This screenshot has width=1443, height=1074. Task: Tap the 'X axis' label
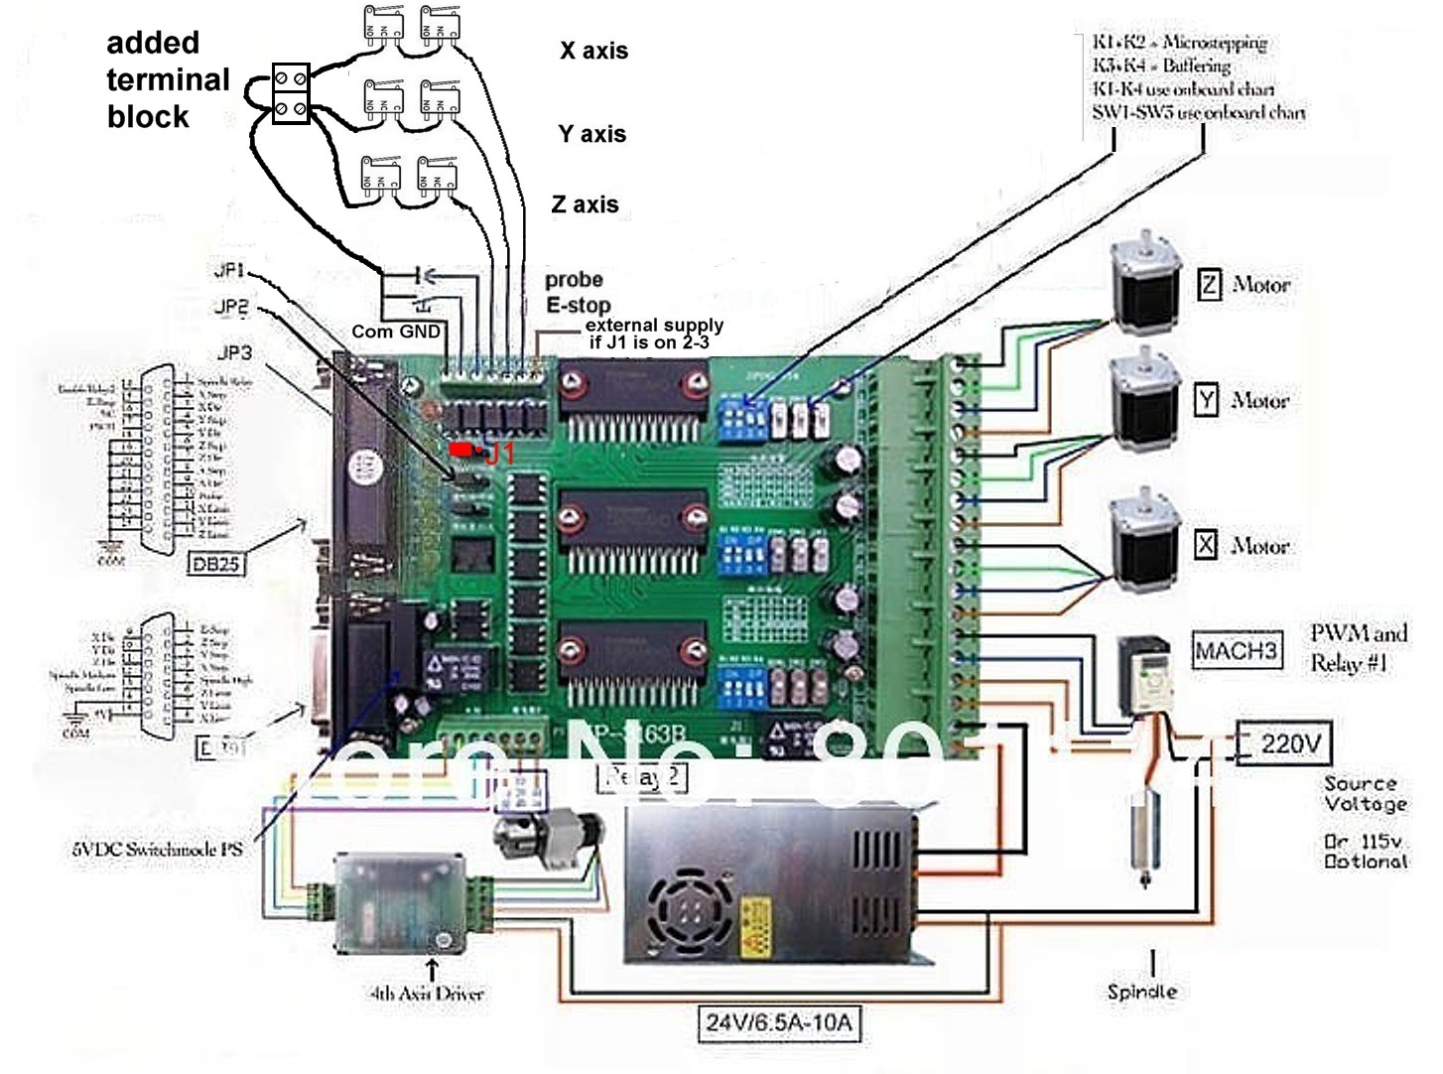593,51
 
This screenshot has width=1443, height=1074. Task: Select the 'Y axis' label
592,134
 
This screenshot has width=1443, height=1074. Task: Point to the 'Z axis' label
586,204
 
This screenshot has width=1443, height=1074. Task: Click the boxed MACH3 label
1236,651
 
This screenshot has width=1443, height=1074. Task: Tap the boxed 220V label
1290,743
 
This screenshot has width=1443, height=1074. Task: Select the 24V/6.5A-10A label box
779,1022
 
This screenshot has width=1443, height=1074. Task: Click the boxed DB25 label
216,564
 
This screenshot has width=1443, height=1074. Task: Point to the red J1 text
499,455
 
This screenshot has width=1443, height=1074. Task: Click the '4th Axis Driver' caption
427,993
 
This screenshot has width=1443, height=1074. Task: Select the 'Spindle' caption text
1142,991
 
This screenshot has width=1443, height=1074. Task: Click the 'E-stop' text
578,305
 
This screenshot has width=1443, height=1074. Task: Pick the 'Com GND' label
395,332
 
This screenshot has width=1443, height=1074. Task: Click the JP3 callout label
234,352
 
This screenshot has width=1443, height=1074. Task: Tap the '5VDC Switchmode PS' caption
157,850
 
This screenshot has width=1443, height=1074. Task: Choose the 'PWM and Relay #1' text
1358,648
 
